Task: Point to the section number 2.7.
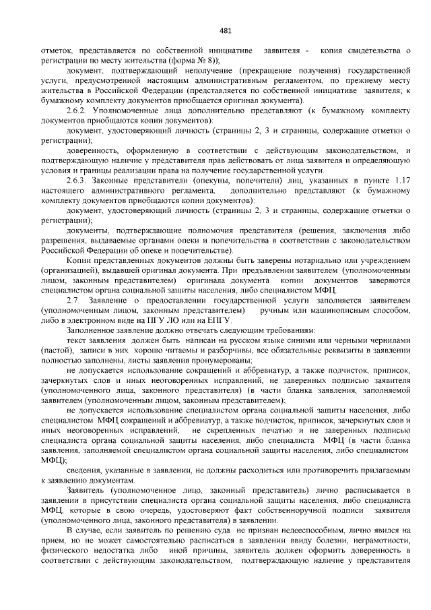73,300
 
